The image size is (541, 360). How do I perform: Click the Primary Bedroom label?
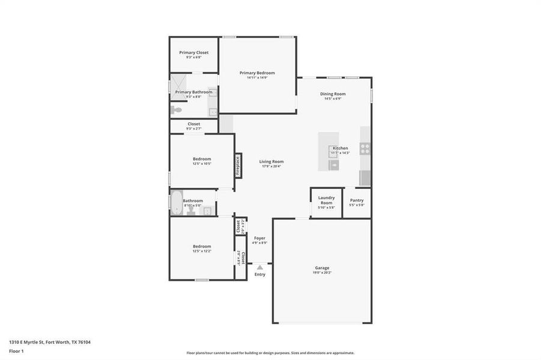tap(257, 73)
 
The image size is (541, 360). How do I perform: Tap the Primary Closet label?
tap(194, 52)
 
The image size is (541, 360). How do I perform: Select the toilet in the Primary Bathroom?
tap(176, 110)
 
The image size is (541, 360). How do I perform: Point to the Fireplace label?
tap(238, 165)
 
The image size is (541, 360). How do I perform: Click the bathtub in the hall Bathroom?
tap(176, 203)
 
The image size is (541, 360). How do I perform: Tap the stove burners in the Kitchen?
tap(365, 149)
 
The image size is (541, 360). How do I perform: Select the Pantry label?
tap(357, 200)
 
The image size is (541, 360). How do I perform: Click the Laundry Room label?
tap(326, 200)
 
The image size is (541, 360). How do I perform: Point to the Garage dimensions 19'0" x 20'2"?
tap(322, 272)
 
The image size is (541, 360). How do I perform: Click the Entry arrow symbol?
tap(259, 268)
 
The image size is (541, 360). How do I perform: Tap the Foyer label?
tap(259, 238)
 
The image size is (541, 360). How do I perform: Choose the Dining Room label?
tap(333, 94)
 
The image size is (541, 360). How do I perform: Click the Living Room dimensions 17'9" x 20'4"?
tap(271, 166)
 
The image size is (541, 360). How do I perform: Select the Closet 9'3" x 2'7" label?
tap(193, 124)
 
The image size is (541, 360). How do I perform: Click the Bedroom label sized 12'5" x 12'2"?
tap(202, 246)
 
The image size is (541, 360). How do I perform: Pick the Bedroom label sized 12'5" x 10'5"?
tap(202, 159)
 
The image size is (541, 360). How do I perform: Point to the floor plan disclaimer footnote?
tap(270, 353)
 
